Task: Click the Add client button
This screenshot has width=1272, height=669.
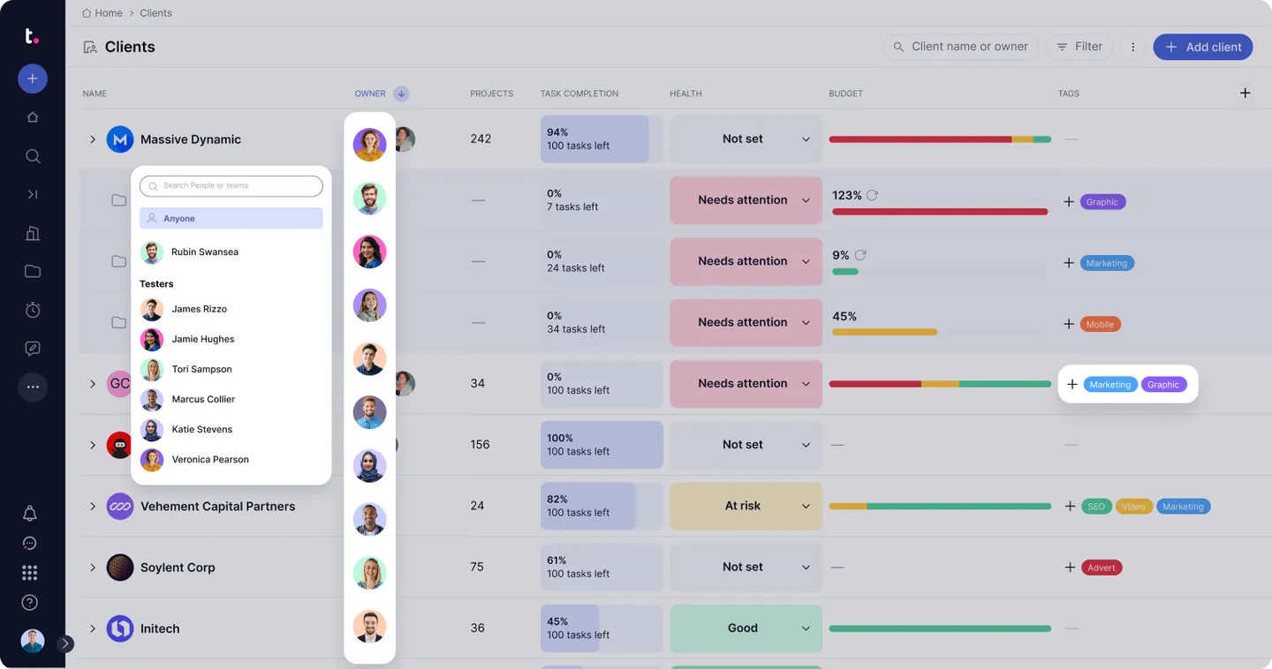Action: coord(1202,47)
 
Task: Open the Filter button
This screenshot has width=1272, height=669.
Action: coord(1079,47)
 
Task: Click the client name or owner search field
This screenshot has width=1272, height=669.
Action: coord(969,47)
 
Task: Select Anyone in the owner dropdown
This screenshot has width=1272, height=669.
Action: coord(231,218)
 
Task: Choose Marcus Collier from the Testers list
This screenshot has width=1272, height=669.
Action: coord(203,399)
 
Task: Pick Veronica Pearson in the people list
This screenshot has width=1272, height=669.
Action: coord(210,459)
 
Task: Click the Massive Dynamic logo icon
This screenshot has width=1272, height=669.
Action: coord(120,139)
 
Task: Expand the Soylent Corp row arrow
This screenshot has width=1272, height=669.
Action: coord(92,568)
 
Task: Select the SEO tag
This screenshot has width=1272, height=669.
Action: coord(1096,507)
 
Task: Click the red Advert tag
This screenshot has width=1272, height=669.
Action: coord(1102,568)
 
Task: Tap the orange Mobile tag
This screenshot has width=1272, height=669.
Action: coord(1100,324)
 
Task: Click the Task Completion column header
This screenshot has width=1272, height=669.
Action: coord(579,94)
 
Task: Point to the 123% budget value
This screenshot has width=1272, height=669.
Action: coord(846,195)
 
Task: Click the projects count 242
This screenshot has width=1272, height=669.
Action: coord(481,139)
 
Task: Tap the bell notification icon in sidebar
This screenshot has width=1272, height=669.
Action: coord(30,514)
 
